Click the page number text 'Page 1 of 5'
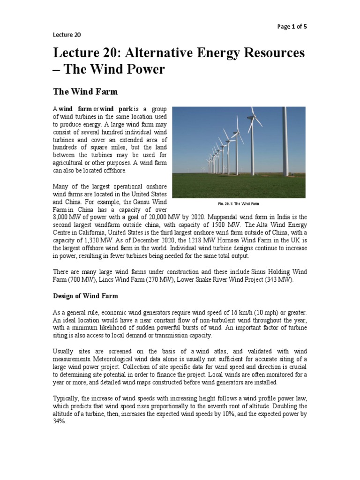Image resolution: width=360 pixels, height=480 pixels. tap(292, 27)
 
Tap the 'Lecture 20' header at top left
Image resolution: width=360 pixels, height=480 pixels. tap(64, 34)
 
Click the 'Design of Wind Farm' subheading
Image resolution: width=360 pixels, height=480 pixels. tap(85, 296)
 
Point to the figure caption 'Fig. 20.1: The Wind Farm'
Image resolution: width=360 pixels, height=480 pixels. tap(239, 204)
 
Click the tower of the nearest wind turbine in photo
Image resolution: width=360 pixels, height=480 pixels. tap(285, 141)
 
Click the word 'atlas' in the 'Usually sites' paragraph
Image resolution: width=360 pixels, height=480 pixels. tap(220, 352)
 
